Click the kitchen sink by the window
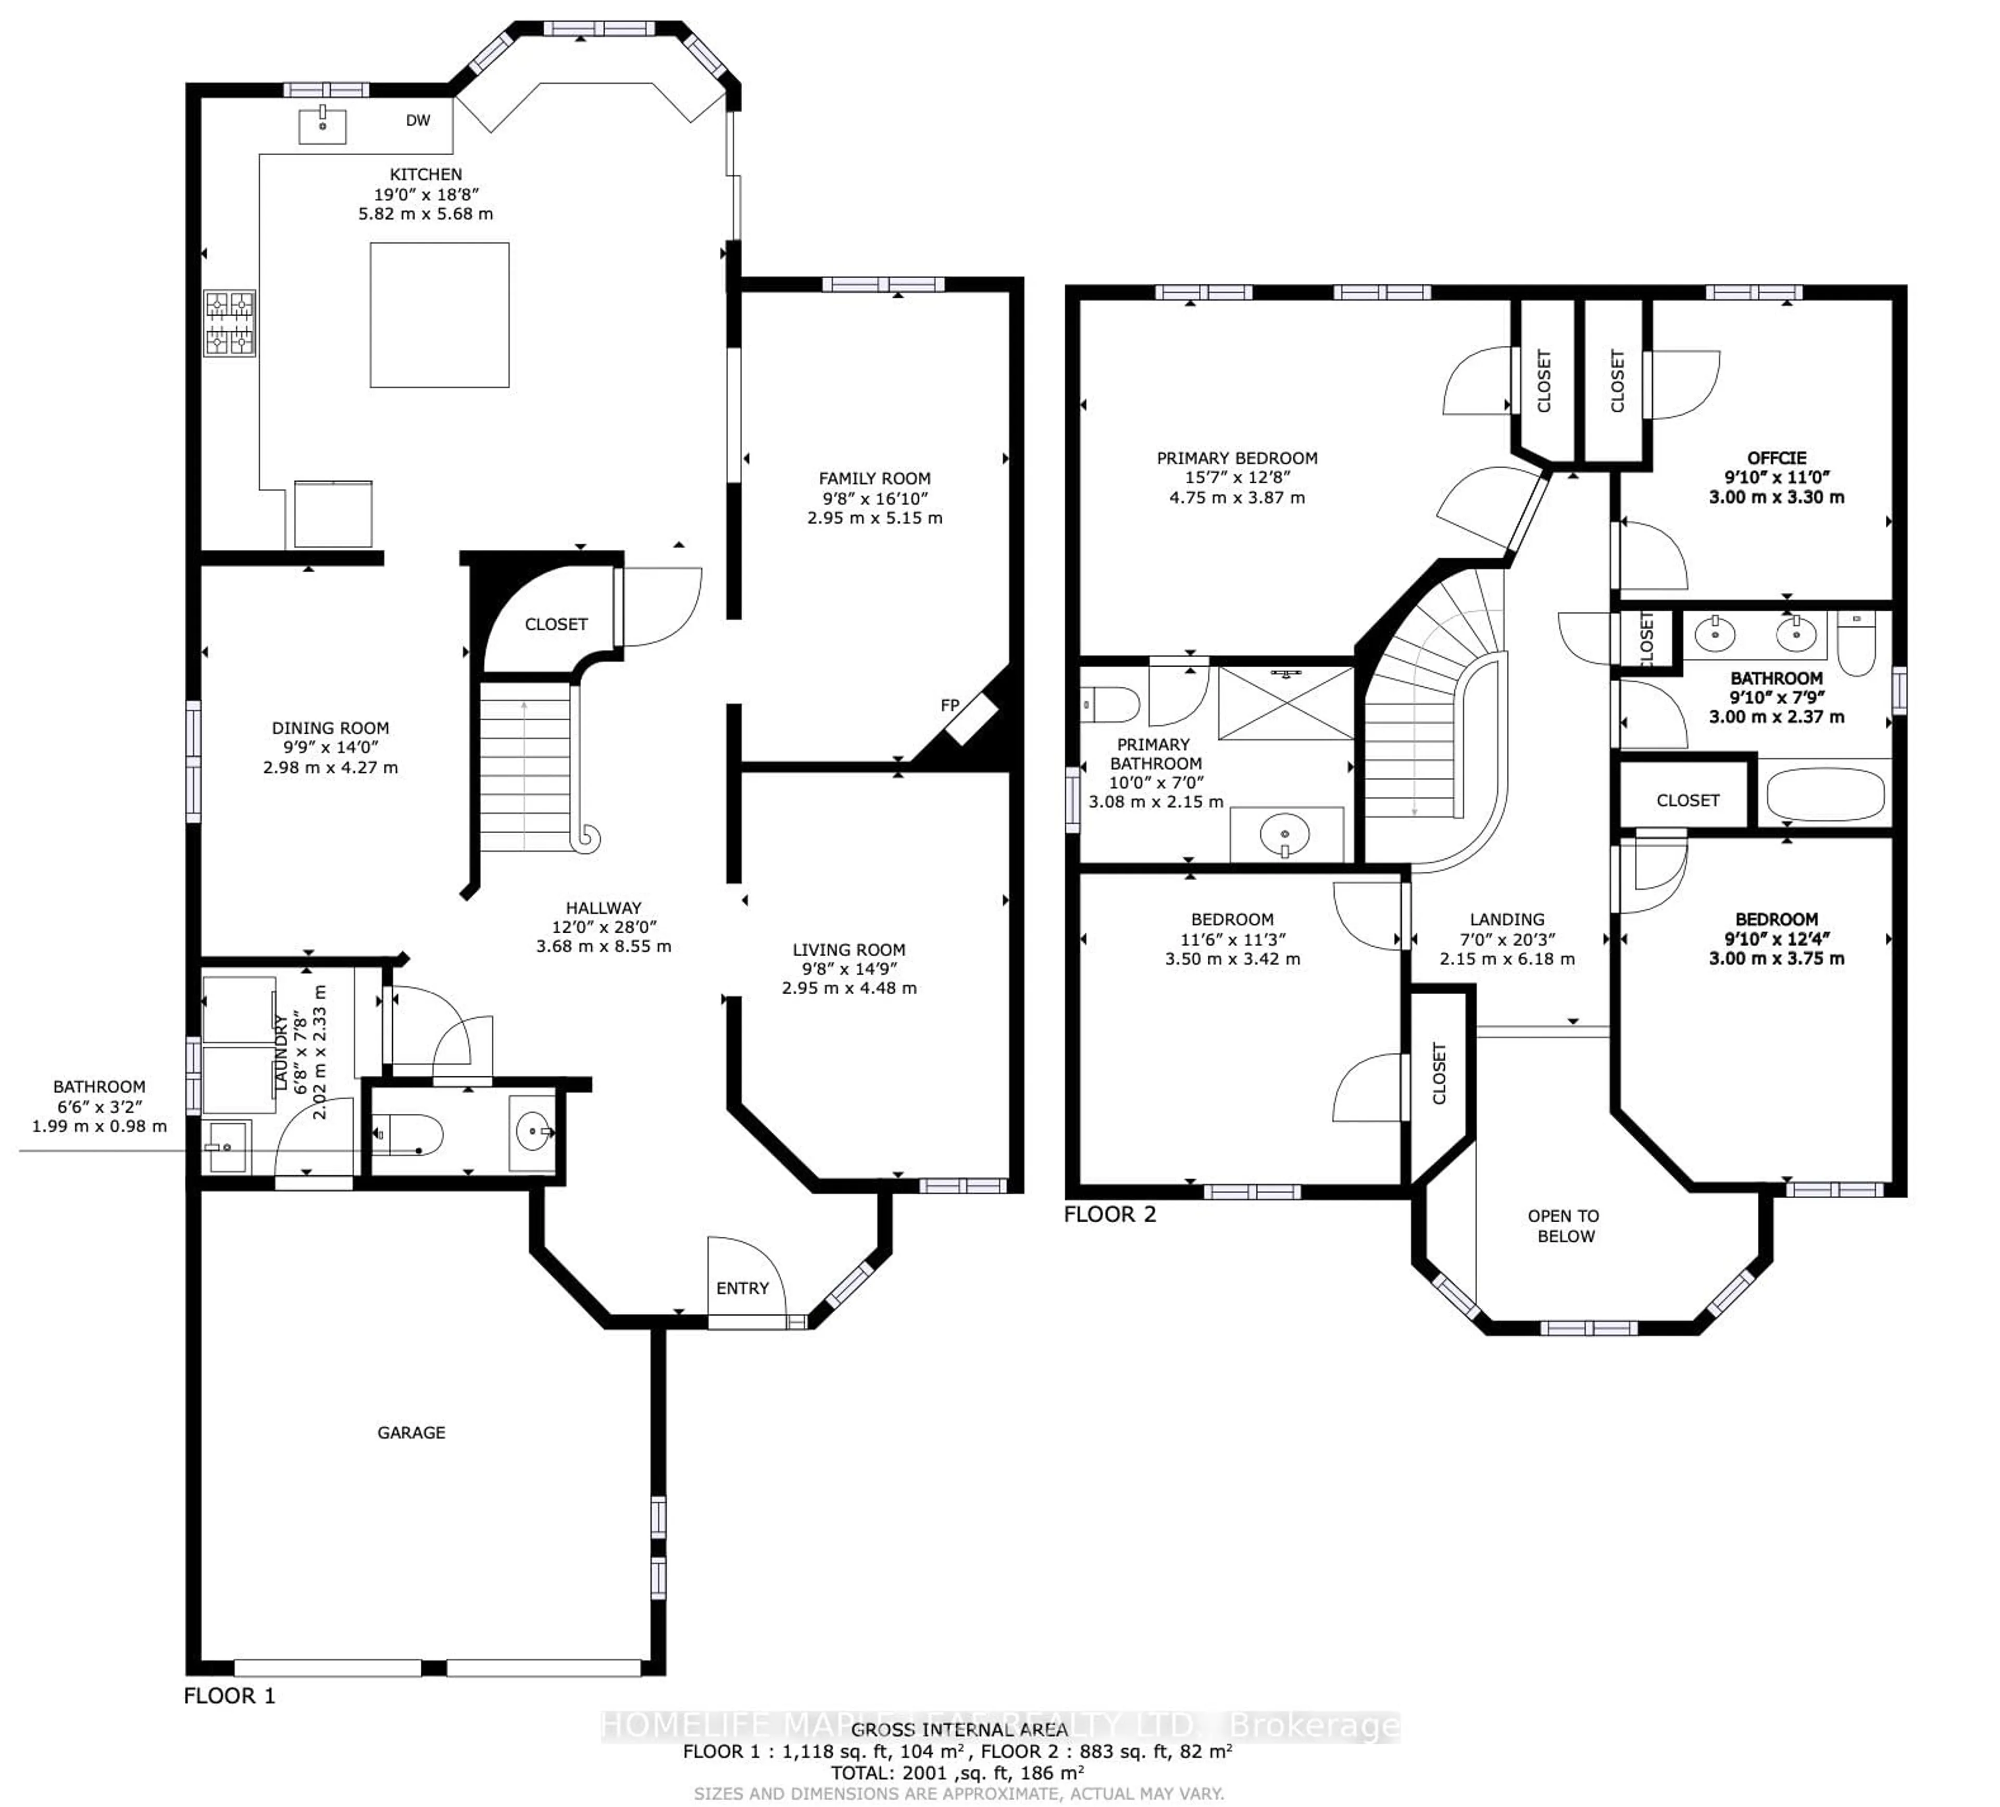tap(322, 126)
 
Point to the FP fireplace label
tap(949, 705)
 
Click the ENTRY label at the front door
tap(742, 1288)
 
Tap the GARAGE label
tap(411, 1432)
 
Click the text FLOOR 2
tap(1109, 1214)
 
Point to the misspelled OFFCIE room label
tap(1776, 457)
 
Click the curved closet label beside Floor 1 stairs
tap(556, 624)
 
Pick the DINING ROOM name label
tap(330, 727)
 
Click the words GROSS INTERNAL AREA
tap(958, 1729)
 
